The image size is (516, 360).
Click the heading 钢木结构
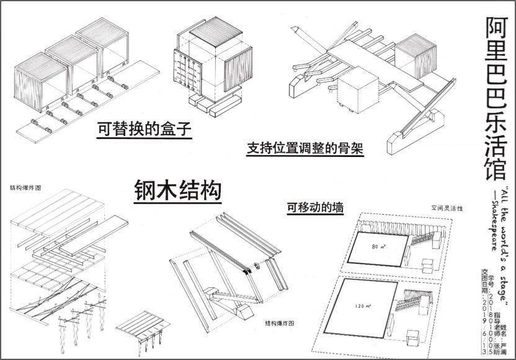178,190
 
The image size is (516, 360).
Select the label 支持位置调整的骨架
305,148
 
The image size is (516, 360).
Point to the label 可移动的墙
316,207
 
